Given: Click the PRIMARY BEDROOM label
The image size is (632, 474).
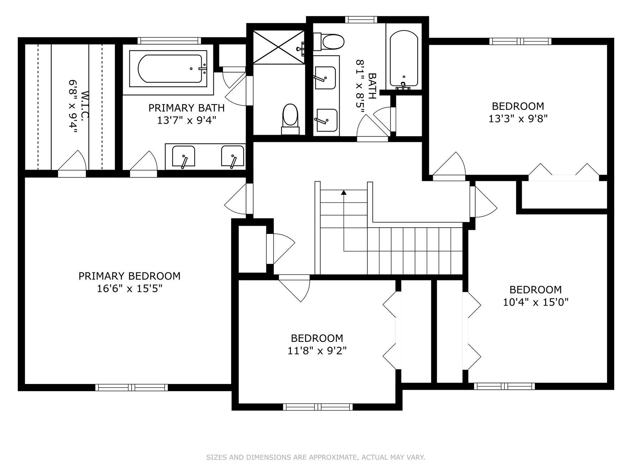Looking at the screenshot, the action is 129,276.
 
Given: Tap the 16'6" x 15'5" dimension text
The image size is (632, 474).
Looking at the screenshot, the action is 129,288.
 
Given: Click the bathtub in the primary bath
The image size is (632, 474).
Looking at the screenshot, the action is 168,69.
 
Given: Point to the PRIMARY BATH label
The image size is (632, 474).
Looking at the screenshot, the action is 186,107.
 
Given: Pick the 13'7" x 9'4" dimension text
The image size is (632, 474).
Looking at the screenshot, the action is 186,120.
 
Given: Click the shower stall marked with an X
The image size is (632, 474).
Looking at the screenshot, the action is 279,47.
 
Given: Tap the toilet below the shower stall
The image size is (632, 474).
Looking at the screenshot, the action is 290,119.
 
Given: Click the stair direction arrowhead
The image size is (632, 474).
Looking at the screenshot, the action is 344,192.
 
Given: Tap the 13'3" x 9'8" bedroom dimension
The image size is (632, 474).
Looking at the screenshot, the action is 517,118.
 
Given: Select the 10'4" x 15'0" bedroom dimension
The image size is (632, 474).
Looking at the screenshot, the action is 536,302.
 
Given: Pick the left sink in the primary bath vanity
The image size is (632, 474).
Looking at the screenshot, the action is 184,156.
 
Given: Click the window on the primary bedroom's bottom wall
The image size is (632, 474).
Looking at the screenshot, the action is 132,388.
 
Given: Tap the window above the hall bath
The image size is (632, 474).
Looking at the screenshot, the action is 360,20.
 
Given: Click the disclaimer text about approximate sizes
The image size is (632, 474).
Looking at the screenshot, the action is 316,457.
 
